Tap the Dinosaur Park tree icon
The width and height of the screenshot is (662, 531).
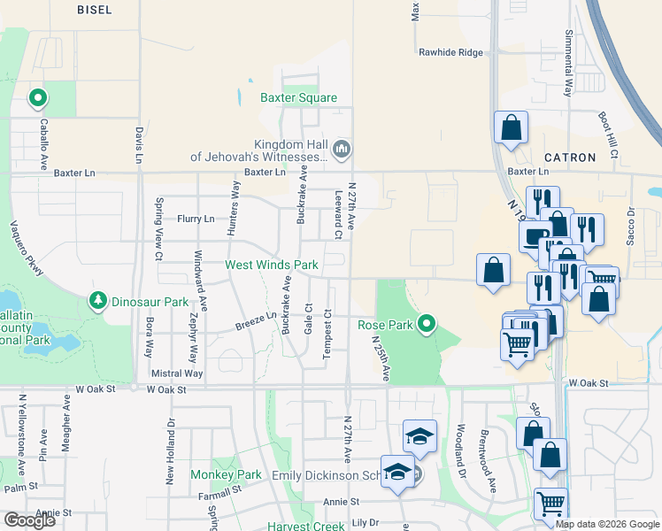98,302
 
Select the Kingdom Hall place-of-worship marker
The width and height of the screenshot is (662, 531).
343,147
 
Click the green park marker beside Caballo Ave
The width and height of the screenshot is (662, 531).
38,98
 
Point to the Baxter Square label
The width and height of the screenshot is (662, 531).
298,97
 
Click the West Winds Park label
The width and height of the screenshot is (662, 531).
271,265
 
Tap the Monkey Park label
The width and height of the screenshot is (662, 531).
226,474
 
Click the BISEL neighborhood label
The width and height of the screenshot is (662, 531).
95,8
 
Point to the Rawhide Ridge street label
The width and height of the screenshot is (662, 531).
451,52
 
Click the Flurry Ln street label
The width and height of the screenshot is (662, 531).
196,219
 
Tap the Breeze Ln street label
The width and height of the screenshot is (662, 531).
256,320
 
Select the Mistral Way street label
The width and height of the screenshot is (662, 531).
178,373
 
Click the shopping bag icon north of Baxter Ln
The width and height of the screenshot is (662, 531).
511,128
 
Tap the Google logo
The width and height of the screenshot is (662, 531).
29,520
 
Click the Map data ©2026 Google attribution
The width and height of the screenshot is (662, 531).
606,524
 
